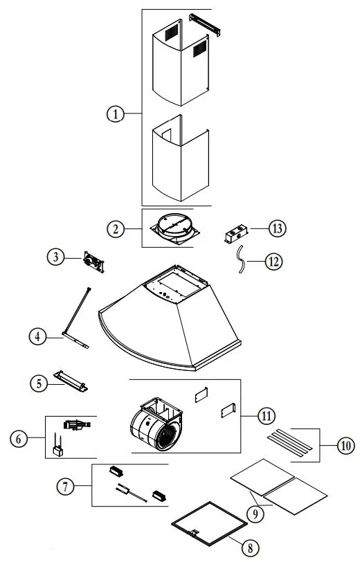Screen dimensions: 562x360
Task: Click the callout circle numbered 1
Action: click(116, 115)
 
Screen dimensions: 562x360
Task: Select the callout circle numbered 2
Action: click(116, 228)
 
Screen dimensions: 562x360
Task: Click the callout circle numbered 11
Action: click(267, 416)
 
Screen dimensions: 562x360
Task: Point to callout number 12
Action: click(275, 262)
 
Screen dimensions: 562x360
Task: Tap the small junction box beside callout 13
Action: click(235, 234)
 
